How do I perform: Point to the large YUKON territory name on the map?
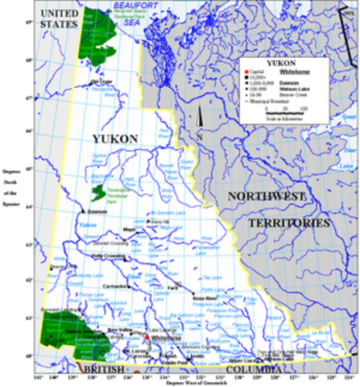(114, 139)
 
